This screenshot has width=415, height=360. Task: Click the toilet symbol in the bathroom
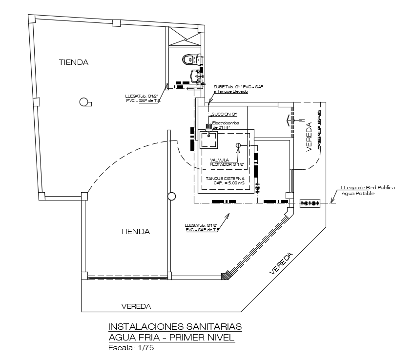click(x=188, y=60)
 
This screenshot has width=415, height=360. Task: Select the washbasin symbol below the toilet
click(x=195, y=76)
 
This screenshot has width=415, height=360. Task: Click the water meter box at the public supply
click(x=310, y=202)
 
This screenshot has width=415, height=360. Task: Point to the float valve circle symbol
click(x=238, y=145)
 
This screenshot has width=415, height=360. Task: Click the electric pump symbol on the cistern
click(x=210, y=128)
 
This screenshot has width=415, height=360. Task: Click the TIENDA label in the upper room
click(x=74, y=62)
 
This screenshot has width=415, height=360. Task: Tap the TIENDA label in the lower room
click(x=135, y=232)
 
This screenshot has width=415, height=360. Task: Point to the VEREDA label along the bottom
click(x=136, y=306)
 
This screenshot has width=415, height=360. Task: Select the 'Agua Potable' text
click(x=358, y=193)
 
